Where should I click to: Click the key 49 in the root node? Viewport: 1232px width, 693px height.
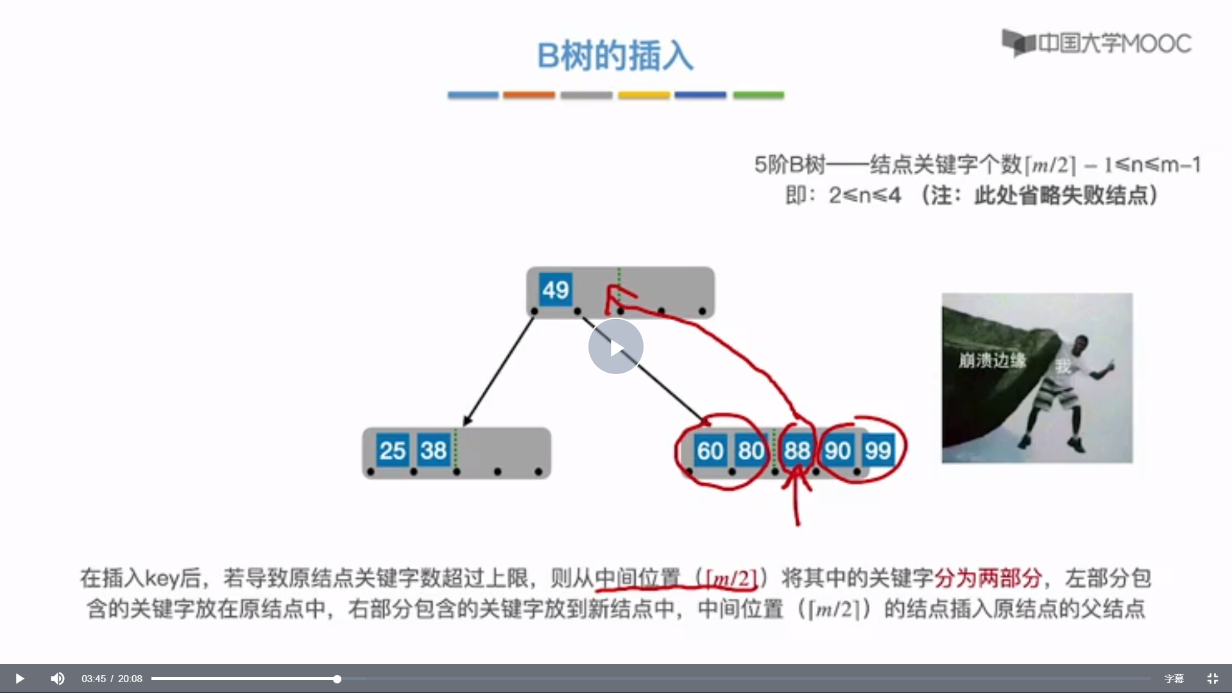coord(555,290)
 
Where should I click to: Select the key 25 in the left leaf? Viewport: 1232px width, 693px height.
coord(392,450)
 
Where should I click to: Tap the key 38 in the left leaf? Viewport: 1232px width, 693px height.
coord(433,450)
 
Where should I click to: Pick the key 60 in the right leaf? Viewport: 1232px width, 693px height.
coord(710,450)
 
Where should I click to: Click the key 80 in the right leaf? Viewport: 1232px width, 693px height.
coord(751,450)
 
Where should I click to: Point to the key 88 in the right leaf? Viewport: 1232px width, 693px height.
coord(797,450)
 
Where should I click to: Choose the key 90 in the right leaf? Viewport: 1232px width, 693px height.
coord(837,450)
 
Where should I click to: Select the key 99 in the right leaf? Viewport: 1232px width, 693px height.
coord(878,450)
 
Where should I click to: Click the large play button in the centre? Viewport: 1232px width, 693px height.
coord(616,346)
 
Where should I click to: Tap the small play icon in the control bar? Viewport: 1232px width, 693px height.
coord(19,678)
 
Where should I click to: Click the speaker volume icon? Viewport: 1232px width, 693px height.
coord(58,678)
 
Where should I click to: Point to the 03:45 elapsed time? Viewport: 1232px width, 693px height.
coord(94,679)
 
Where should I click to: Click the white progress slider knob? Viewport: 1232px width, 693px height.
coord(337,679)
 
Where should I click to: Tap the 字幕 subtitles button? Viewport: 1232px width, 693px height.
coord(1174,679)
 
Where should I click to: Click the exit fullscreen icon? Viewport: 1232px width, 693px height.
coord(1212,679)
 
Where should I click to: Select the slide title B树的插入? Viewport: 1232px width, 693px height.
coord(615,56)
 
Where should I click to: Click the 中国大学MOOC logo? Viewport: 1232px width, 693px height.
coord(1097,43)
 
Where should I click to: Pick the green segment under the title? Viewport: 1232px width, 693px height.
coord(758,95)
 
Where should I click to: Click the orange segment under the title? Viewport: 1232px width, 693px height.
coord(529,95)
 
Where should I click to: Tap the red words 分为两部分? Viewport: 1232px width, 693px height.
coord(988,578)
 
